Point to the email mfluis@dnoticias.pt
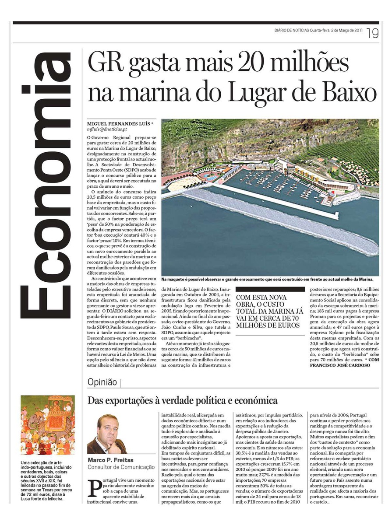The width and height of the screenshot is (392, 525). [107, 129]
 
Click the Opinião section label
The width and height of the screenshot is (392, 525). [102, 381]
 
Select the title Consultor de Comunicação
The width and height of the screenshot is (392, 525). [121, 467]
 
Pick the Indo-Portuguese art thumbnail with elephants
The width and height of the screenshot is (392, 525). [48, 425]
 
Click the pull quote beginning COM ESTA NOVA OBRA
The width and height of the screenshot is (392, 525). [270, 311]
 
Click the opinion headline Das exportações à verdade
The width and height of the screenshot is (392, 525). [183, 400]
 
